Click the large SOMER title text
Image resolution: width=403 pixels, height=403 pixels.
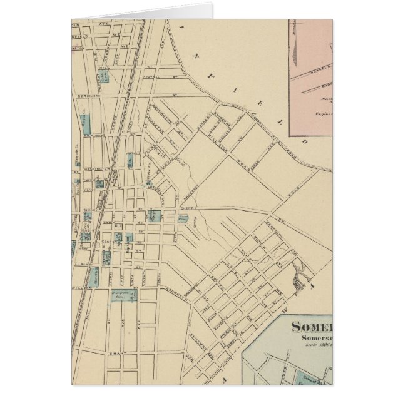[312, 328]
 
